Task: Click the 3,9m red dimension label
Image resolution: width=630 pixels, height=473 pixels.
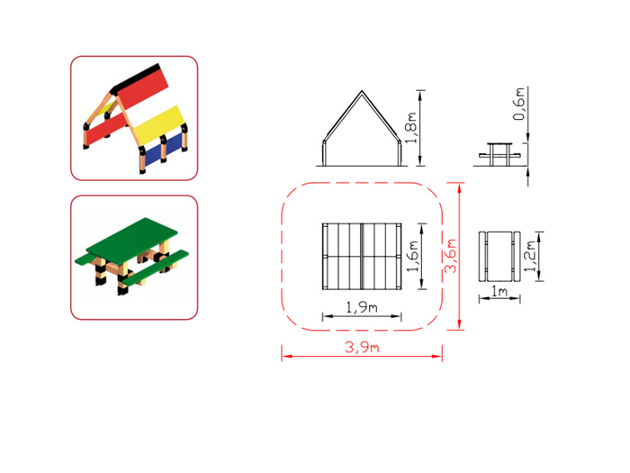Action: (362, 347)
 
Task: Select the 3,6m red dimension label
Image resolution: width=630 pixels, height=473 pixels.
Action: (451, 256)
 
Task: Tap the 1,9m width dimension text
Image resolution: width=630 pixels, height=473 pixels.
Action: (362, 307)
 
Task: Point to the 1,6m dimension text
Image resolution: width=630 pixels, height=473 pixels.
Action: (412, 256)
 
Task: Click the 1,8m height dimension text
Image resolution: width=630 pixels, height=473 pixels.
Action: (410, 128)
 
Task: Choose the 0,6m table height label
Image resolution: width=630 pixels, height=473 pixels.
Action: (518, 104)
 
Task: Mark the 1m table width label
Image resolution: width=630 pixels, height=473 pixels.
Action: (499, 291)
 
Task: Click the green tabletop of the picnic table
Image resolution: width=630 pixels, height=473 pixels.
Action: (131, 240)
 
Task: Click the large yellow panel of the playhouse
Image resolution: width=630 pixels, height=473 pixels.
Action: (160, 123)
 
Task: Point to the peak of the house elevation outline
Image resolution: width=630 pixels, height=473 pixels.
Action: (362, 91)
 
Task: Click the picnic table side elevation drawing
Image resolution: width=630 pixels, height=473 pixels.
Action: (499, 154)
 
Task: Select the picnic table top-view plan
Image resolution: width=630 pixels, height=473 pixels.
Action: (499, 256)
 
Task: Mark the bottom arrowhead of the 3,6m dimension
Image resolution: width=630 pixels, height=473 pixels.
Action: (459, 325)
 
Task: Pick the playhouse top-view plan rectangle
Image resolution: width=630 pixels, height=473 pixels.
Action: (362, 256)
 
